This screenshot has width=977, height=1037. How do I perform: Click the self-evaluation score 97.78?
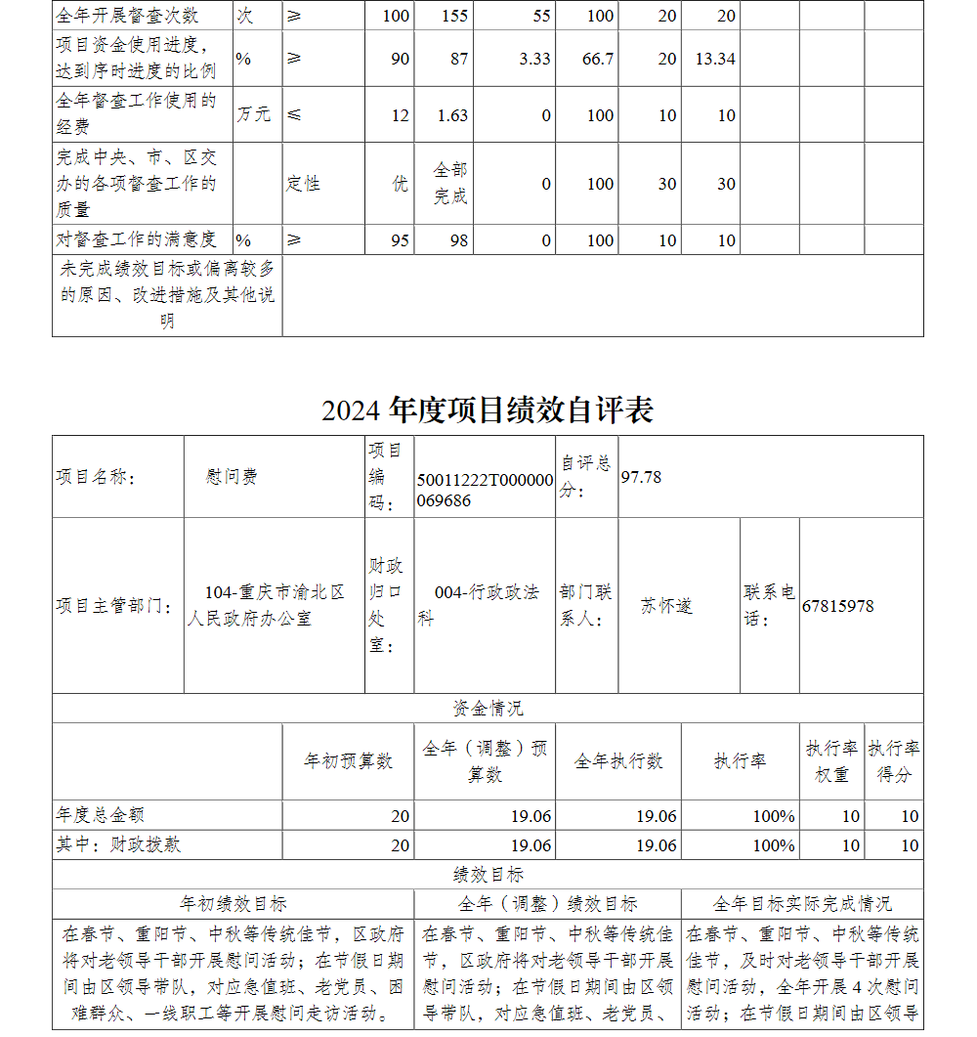point(641,476)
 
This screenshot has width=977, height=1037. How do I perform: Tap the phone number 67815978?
point(837,606)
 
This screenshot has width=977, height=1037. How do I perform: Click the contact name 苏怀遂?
point(666,606)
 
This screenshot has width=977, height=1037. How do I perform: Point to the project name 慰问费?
point(232,477)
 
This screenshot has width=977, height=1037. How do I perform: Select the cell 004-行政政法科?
point(484,605)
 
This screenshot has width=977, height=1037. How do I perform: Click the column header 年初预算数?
point(348,760)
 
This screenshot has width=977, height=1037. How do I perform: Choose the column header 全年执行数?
point(617,760)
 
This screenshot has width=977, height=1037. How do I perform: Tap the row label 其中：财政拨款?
point(118,844)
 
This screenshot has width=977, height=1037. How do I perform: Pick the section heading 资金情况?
point(488,709)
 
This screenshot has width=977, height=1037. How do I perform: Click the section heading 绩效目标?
point(488,875)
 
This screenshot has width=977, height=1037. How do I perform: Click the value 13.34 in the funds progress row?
point(714,59)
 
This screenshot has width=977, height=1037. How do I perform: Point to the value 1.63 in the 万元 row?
point(452,115)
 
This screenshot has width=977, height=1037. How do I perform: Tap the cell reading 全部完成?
point(450,184)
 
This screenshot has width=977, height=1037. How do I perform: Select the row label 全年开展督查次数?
point(127,16)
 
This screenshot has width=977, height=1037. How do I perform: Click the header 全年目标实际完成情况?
point(801,904)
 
